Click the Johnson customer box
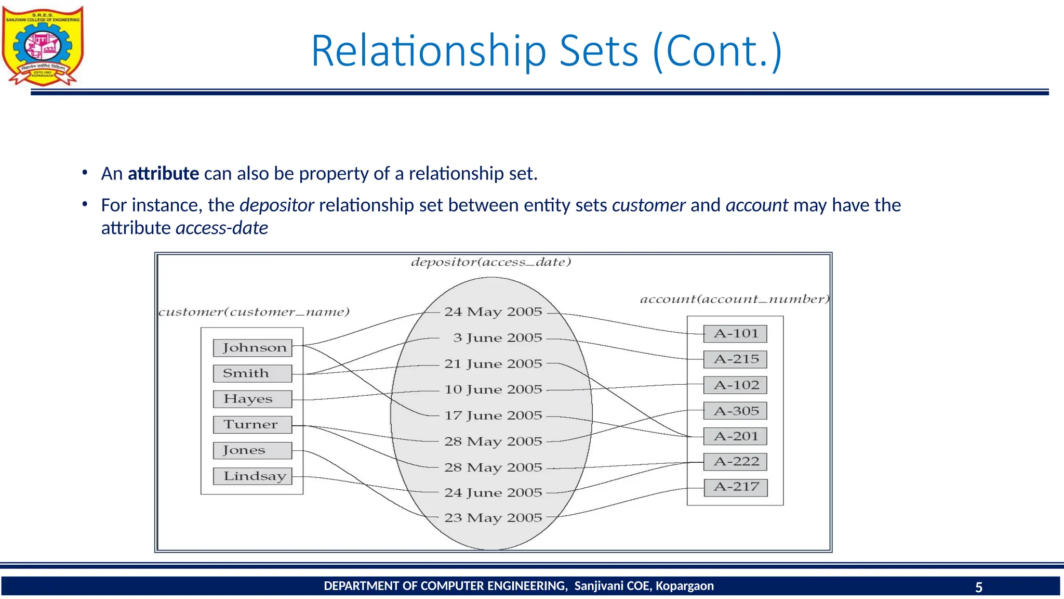coord(252,348)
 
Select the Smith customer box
coord(252,373)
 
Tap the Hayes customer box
coord(252,399)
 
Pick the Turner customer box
coord(252,424)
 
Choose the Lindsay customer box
coord(252,476)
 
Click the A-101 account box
coord(735,334)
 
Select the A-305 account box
coord(735,411)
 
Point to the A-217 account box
coord(735,487)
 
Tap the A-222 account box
coord(735,462)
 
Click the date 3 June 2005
coord(497,338)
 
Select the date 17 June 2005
coord(493,415)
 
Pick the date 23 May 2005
coord(493,518)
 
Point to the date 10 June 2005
coord(493,389)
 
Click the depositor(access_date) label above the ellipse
coord(491,262)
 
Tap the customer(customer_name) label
coord(254,312)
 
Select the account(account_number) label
coord(735,299)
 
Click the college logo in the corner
coord(43,46)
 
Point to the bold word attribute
coord(163,174)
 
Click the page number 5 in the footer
coord(979,587)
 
